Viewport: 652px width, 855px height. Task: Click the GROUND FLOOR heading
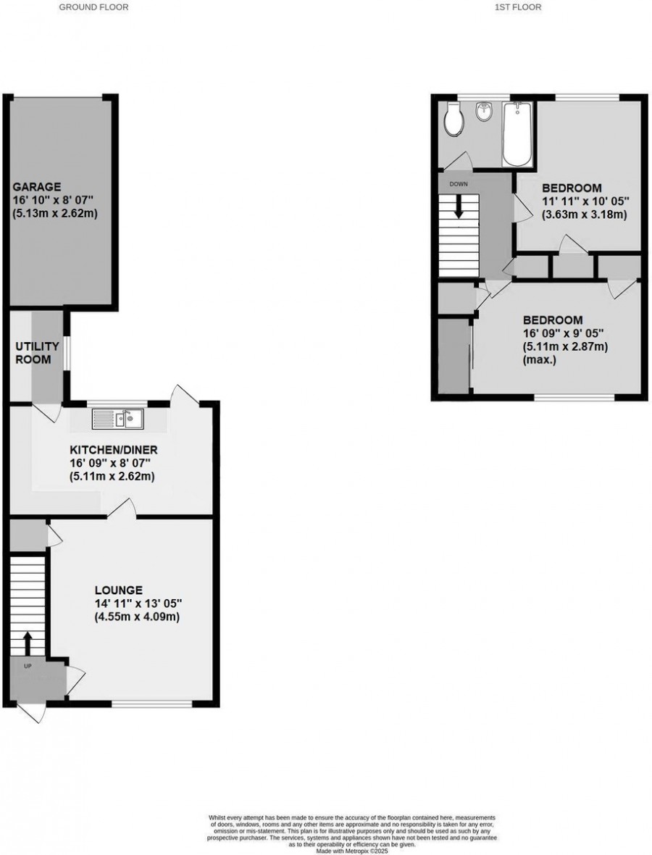click(x=93, y=7)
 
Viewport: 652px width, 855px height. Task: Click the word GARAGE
click(x=35, y=186)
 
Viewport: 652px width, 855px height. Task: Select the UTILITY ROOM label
click(x=34, y=354)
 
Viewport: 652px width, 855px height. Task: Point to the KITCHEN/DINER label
click(x=114, y=450)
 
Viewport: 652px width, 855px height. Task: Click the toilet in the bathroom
click(x=454, y=120)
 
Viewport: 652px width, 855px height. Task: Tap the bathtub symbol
click(x=517, y=135)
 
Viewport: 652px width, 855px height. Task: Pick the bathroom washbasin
click(x=483, y=112)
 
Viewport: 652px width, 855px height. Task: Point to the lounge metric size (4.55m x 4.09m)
click(x=136, y=617)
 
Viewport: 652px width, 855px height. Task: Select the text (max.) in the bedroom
click(x=540, y=359)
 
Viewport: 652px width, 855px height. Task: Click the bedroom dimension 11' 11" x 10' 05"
click(x=585, y=201)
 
